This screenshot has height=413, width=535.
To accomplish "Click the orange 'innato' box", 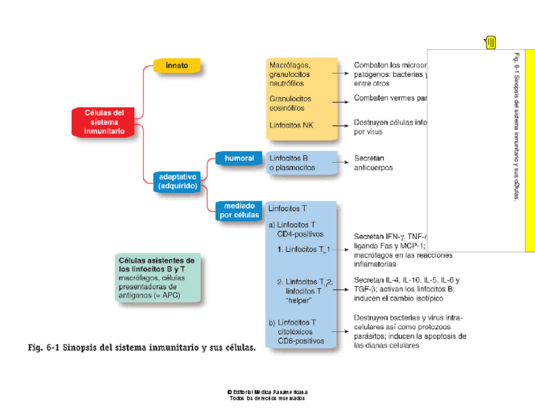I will point(177,66).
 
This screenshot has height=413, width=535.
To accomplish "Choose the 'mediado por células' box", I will point(238,210).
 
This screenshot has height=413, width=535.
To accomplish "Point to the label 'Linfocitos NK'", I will point(291,125).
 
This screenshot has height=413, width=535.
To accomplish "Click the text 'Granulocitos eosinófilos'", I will point(290,103).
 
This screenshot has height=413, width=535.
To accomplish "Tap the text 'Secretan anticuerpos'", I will point(373,163).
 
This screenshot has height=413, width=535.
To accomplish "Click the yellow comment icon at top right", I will point(490,42).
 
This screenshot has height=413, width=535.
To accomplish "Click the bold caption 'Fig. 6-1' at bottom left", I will point(142,347).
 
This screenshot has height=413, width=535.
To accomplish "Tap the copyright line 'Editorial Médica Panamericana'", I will point(267,392).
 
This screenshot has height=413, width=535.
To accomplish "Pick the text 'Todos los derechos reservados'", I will point(267,398).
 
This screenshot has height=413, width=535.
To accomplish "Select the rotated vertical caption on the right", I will point(515,126).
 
